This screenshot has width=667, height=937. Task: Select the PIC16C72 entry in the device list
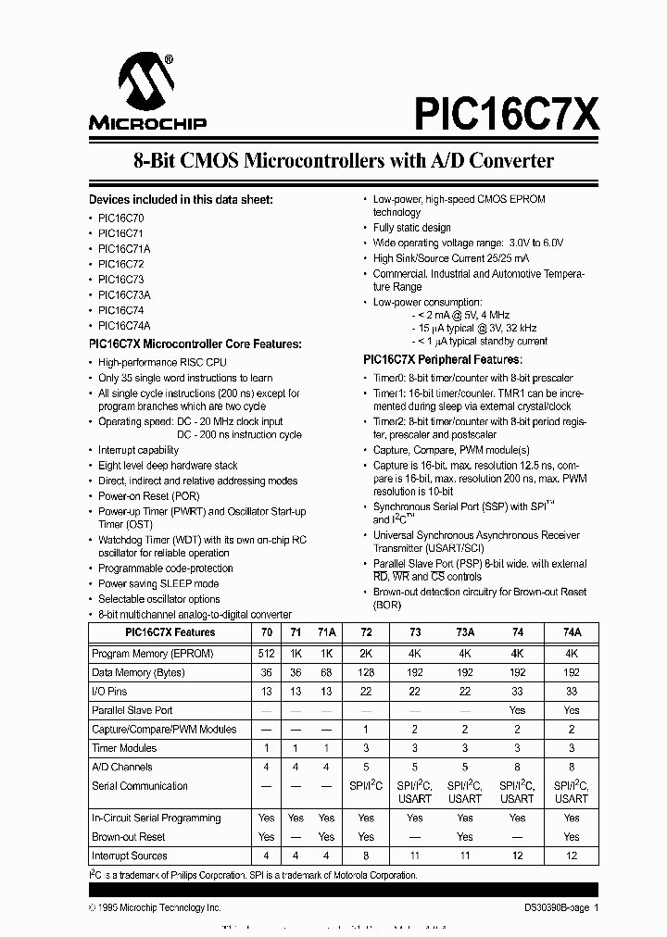(x=120, y=263)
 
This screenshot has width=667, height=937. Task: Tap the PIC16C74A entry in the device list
(x=124, y=325)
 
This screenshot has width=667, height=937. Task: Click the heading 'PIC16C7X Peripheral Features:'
(x=442, y=358)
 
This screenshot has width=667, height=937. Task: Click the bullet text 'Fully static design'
(x=411, y=228)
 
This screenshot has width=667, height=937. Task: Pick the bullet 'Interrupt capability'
(x=139, y=450)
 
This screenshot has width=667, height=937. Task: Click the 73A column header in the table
(x=465, y=632)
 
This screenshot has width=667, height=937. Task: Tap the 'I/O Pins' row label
(x=109, y=691)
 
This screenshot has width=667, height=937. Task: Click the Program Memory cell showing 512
(x=266, y=653)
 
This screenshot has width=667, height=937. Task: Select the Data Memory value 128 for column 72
(x=366, y=672)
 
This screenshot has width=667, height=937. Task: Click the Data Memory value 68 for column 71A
(x=326, y=672)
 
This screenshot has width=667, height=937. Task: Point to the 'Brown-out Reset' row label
(x=129, y=836)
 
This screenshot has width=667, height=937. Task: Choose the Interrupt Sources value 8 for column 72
(x=366, y=856)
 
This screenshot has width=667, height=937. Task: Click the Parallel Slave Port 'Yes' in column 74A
(x=572, y=710)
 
